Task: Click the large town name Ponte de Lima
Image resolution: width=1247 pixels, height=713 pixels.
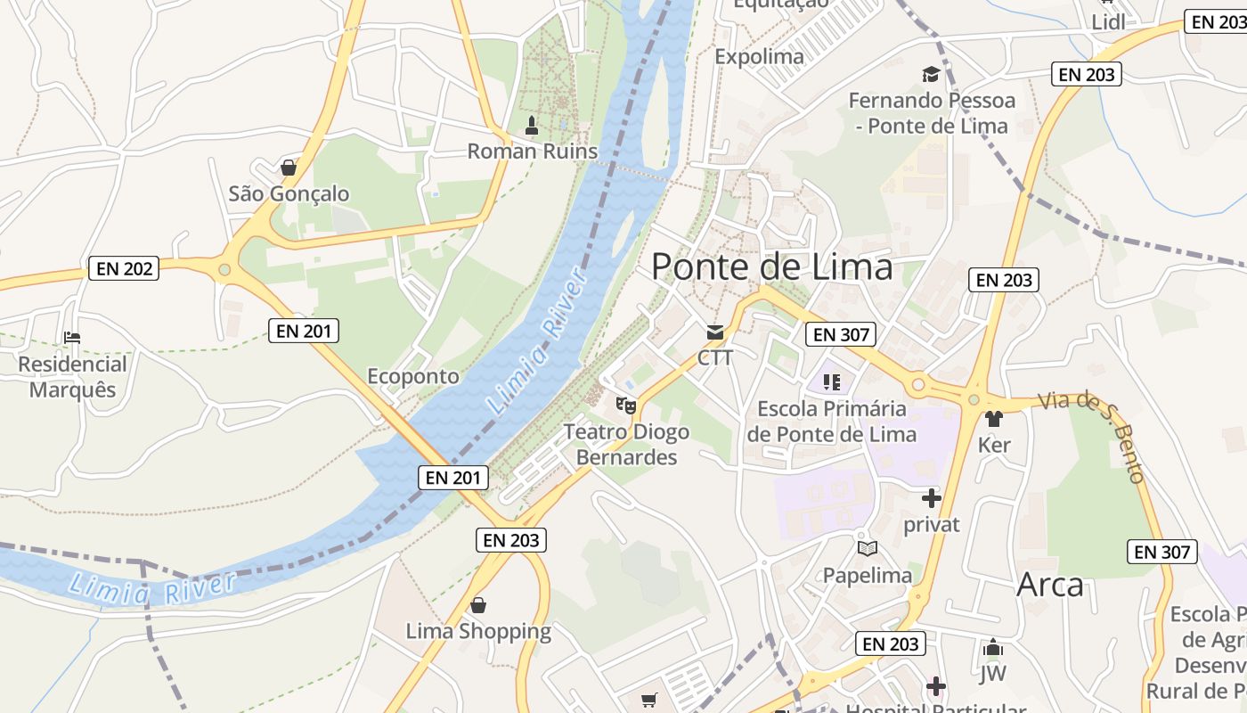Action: [772, 266]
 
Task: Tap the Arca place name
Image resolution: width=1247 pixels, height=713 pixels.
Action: [1050, 586]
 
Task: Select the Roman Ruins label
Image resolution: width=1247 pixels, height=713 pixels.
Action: [533, 152]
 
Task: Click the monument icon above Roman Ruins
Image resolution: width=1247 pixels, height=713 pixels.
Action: [532, 126]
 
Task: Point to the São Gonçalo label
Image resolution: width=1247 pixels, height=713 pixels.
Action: [289, 193]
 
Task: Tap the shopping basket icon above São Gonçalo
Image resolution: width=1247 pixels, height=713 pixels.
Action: [289, 167]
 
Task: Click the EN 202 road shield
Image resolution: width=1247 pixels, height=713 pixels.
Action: [124, 268]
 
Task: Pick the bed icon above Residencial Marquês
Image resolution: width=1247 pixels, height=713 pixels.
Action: [72, 338]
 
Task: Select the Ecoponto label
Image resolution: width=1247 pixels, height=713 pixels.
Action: [413, 376]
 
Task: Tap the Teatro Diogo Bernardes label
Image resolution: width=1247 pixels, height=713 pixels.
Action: [626, 445]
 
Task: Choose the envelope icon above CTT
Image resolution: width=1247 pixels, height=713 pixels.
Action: [715, 332]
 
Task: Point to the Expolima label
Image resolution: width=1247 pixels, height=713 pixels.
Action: [759, 57]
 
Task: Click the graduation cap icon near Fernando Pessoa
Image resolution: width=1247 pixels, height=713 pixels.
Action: [931, 74]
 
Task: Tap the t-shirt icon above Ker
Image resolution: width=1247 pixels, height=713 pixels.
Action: [994, 418]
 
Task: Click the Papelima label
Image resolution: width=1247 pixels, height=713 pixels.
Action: [867, 576]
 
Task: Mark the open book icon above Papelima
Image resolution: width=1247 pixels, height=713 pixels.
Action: [867, 548]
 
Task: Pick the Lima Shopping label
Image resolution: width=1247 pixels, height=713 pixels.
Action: [478, 632]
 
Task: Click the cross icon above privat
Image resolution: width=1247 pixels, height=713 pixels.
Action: [932, 498]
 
